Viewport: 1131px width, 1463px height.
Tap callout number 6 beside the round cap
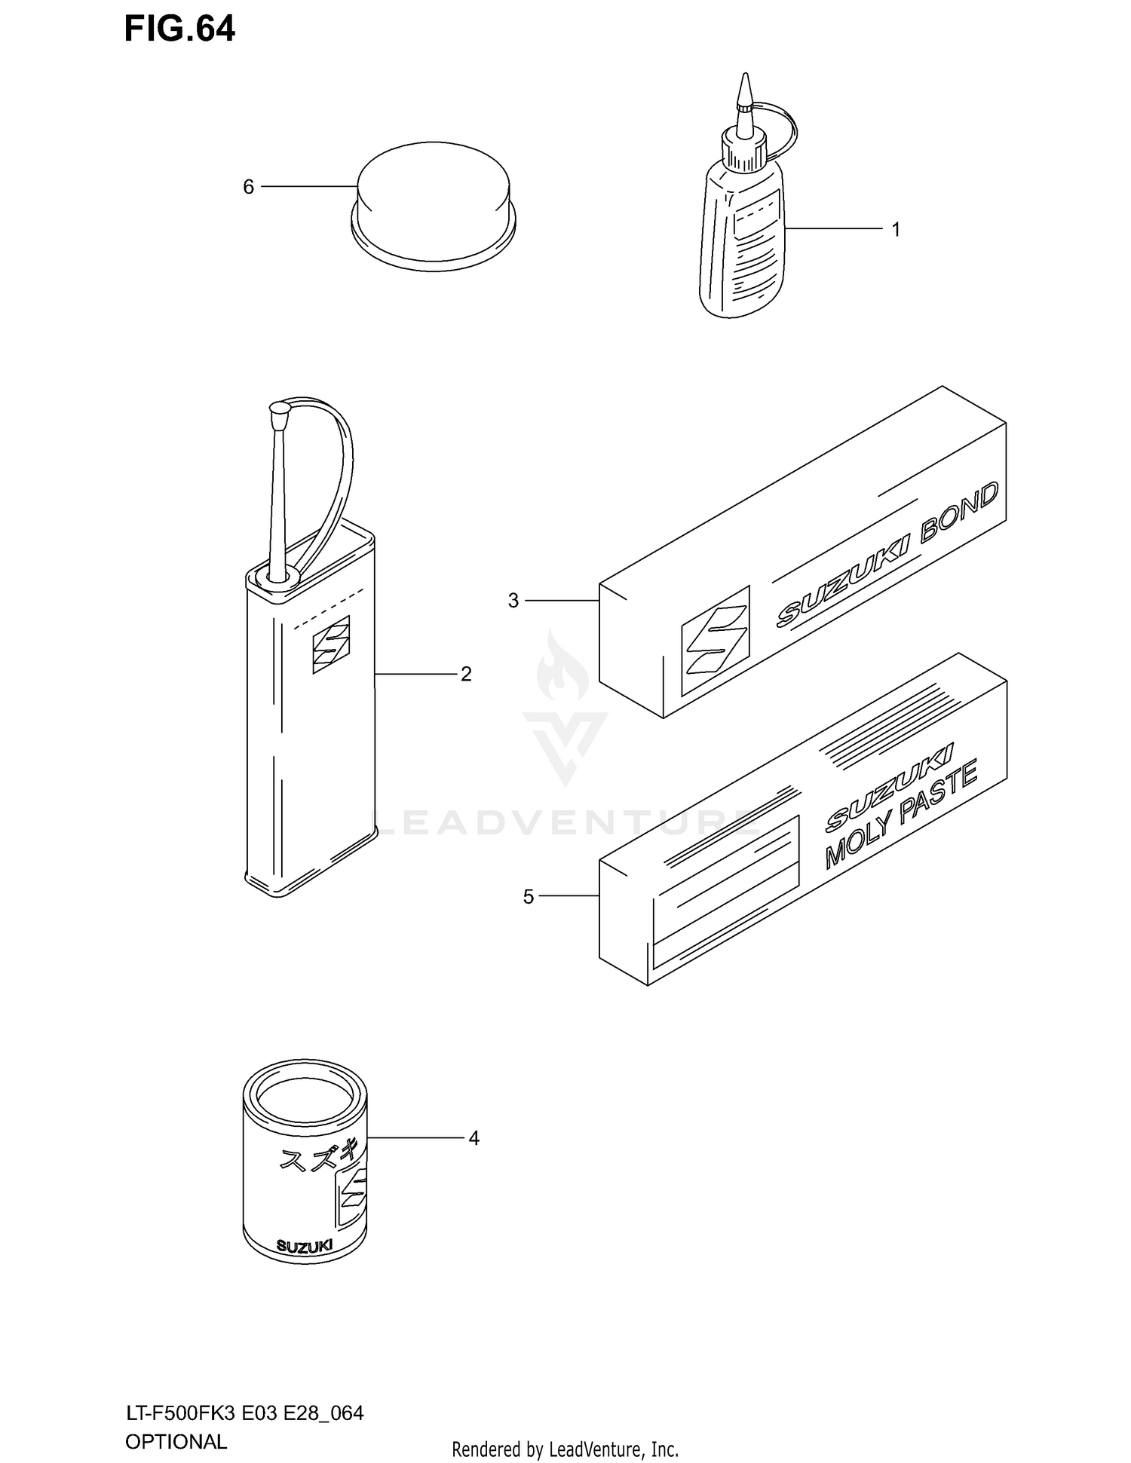[x=248, y=187]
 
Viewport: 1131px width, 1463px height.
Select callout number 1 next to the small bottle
[x=896, y=229]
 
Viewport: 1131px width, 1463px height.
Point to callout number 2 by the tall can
[x=466, y=674]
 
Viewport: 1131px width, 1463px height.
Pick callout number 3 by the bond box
[x=513, y=601]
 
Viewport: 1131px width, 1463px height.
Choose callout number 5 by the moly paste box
[x=529, y=897]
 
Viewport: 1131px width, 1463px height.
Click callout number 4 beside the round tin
[x=474, y=1138]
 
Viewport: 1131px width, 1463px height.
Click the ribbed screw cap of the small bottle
[x=743, y=150]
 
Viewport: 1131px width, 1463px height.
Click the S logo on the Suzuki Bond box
[x=715, y=640]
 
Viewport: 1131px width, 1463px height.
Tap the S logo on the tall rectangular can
[x=331, y=644]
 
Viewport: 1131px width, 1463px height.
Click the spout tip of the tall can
[x=278, y=412]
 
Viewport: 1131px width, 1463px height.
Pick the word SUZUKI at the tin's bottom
[x=305, y=1246]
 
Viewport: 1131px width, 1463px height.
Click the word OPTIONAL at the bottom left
[x=176, y=1441]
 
